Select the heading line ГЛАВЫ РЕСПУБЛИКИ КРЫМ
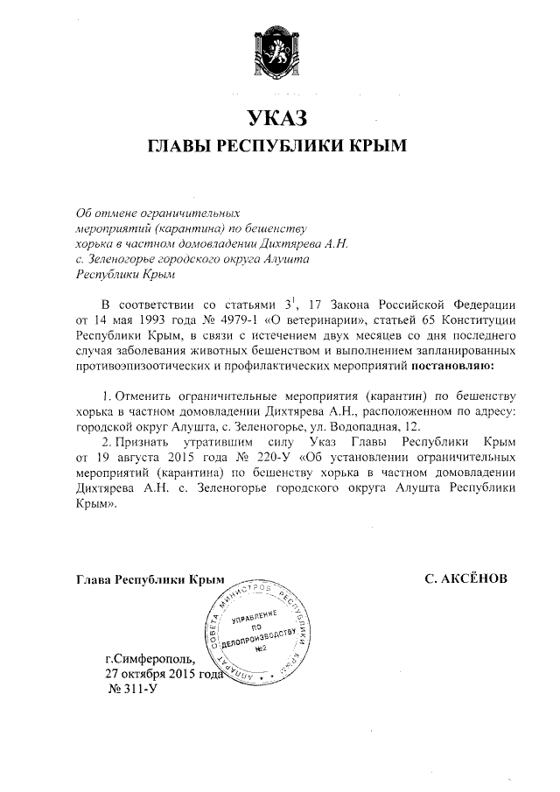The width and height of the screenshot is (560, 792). (x=279, y=145)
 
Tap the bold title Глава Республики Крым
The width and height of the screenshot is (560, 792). (x=150, y=578)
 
